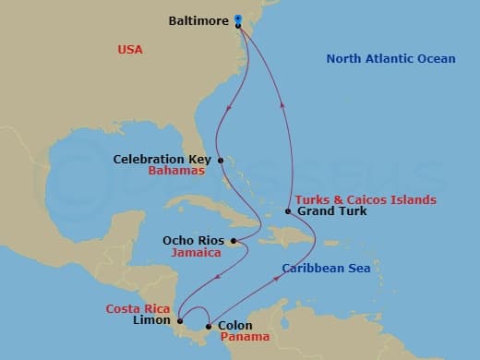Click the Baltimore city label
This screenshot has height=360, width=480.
198,19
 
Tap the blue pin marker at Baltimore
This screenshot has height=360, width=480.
238,18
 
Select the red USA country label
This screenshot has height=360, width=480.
130,49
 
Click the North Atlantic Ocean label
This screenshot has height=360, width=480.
390,59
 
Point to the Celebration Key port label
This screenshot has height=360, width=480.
162,159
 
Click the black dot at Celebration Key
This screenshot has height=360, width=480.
220,159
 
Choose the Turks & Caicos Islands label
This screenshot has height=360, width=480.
366,199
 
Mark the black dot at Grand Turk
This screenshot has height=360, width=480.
288,211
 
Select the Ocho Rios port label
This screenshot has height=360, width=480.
193,240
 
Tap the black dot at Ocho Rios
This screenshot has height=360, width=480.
234,242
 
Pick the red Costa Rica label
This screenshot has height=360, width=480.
137,308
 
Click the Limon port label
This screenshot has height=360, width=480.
152,320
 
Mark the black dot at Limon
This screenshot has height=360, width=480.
180,320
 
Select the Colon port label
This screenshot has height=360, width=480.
234,326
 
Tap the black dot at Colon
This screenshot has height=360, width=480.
209,326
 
